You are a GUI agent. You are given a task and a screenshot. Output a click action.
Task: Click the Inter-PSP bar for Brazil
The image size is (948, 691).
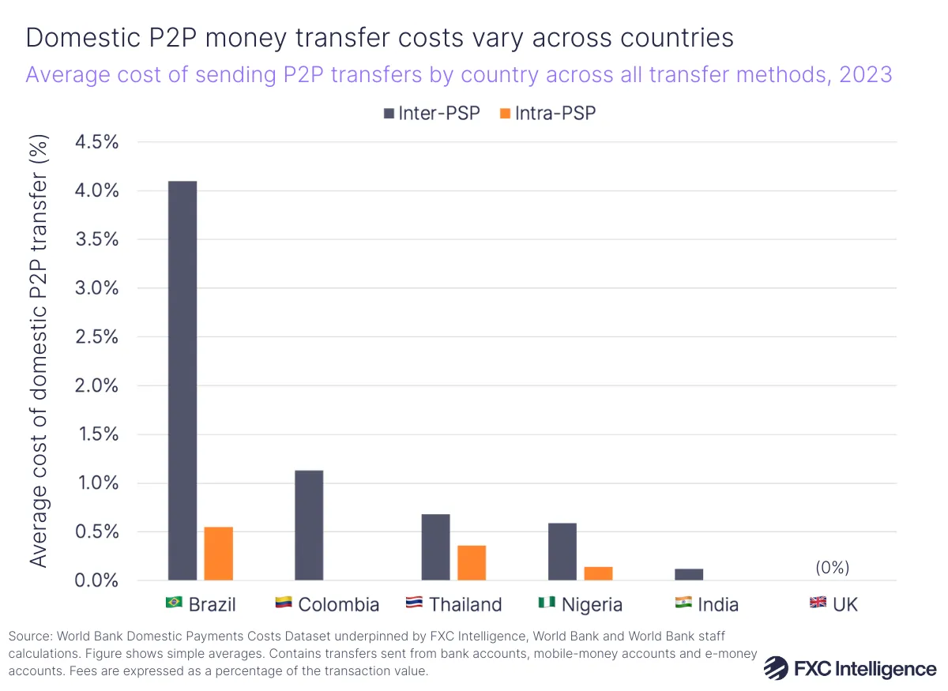[x=182, y=381]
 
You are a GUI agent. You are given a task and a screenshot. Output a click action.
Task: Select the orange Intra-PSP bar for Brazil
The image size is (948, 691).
[x=219, y=554]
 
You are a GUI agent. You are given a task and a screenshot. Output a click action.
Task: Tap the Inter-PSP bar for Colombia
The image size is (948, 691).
[x=309, y=525]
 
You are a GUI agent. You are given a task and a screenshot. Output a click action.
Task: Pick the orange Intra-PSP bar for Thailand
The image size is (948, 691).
[x=472, y=563]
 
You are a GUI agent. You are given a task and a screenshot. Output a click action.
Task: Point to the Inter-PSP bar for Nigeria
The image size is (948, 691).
[x=562, y=551]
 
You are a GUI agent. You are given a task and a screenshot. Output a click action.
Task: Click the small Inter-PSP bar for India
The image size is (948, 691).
[x=689, y=574]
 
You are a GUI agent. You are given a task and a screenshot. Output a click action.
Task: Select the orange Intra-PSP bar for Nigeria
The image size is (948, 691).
[x=598, y=573]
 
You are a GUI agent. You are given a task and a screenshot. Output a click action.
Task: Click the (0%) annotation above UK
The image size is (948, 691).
[x=833, y=567]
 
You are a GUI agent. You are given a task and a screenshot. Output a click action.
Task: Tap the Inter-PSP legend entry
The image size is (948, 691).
[x=431, y=113]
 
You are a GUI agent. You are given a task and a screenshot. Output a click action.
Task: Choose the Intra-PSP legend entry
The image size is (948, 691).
[x=547, y=113]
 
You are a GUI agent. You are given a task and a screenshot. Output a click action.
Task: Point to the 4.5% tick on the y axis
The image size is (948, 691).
[x=96, y=142]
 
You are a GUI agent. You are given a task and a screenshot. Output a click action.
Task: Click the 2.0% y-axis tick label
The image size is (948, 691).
[x=96, y=385]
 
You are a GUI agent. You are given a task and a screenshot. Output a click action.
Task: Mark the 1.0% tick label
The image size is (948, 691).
[x=96, y=483]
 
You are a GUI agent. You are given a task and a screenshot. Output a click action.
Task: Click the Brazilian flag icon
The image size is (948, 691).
[x=174, y=603]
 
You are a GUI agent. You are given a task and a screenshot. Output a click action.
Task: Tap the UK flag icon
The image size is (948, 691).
[x=818, y=603]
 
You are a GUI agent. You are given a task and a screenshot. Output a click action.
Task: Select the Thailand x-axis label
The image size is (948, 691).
[x=465, y=604]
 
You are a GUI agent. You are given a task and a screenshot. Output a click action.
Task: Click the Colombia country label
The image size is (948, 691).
[x=339, y=604]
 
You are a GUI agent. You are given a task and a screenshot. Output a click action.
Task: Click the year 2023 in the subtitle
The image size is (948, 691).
[x=865, y=75]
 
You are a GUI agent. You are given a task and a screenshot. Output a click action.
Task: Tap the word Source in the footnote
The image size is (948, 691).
[x=28, y=636]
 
